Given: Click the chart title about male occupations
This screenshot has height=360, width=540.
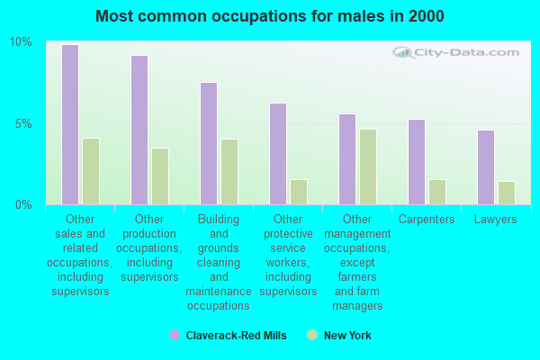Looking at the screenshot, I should coord(269,16).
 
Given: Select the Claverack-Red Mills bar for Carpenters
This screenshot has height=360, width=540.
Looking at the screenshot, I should coord(417,162).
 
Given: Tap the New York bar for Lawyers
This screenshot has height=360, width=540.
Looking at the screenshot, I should coord(507,193).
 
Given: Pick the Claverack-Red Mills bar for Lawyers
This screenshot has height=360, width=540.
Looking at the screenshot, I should coord(486,167).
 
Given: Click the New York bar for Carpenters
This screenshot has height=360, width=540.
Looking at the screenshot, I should coord(437,192).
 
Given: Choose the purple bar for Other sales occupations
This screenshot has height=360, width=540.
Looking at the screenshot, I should coord(70,124).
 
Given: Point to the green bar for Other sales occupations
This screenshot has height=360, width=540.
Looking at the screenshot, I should coord(91,171).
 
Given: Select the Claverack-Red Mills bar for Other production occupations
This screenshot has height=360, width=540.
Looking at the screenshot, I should coord(139,130).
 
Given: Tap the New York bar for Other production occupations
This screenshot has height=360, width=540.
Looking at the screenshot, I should coord(160,176).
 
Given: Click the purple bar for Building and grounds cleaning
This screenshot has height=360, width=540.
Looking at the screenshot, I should coord(209,143).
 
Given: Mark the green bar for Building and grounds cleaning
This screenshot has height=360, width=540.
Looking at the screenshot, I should coord(229,172).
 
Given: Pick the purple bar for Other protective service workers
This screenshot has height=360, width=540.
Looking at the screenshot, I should coord(278,154).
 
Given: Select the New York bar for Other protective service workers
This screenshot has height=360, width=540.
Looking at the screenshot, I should coord(299,192).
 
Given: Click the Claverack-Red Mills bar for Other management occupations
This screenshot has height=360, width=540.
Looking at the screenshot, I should coord(347,159).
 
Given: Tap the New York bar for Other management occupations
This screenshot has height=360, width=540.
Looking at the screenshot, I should coord(368,166).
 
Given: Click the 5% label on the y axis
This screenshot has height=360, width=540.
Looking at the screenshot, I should coord(22,123).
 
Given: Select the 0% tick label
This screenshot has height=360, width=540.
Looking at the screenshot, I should coord(22,205).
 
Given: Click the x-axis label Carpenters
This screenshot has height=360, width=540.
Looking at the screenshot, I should coord(427,220).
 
